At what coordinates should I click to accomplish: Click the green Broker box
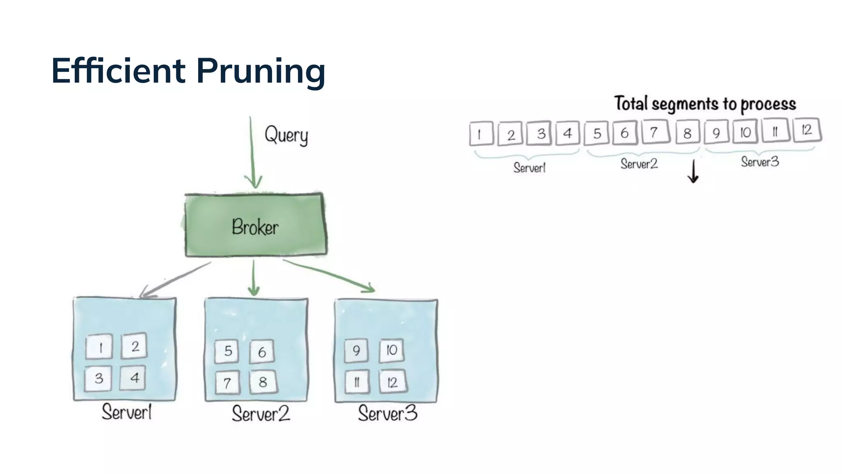click(x=255, y=225)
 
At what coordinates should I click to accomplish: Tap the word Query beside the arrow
click(x=286, y=135)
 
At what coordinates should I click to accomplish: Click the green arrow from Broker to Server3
click(x=329, y=275)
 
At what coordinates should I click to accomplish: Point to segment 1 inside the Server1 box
click(x=99, y=347)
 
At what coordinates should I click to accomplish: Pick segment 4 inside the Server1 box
click(x=133, y=378)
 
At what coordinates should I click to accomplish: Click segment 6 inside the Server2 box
click(x=262, y=352)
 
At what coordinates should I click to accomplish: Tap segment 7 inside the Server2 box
click(x=227, y=383)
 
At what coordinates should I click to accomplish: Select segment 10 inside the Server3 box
click(x=391, y=350)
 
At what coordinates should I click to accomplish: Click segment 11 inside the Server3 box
click(x=356, y=382)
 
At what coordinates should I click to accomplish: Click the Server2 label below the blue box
click(x=261, y=414)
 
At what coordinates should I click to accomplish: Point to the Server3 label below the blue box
click(x=387, y=413)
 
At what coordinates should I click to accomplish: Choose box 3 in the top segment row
click(x=541, y=133)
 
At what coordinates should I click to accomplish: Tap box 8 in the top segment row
click(x=687, y=133)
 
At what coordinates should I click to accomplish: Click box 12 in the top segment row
click(x=807, y=130)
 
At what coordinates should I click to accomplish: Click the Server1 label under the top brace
click(x=529, y=167)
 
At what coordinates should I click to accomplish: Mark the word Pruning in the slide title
click(x=261, y=72)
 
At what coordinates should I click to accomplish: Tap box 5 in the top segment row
click(x=597, y=133)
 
